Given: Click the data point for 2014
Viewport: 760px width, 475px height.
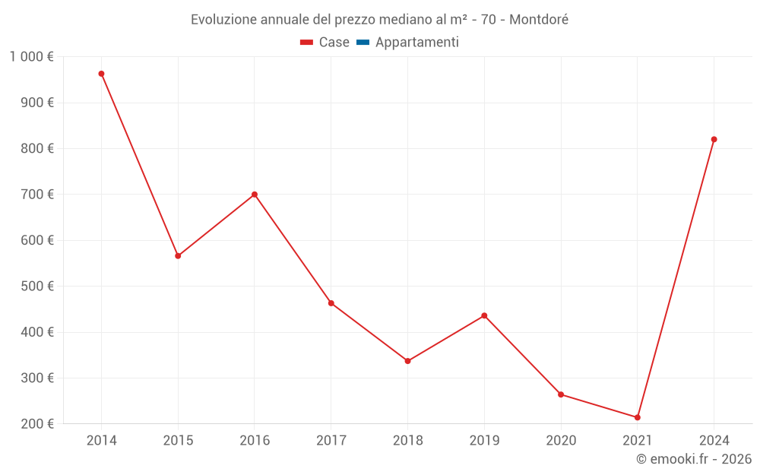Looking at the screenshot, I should click(101, 74).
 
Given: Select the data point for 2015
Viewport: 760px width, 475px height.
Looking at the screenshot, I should click(178, 256).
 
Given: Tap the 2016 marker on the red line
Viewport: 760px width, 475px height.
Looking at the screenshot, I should click(255, 195).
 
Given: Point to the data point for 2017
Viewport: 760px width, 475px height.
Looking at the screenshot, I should click(331, 303).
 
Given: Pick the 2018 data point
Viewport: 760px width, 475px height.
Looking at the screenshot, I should click(408, 361).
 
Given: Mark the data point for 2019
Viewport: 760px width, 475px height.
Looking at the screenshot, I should click(484, 315).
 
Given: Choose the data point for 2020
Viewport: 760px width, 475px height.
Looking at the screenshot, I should click(561, 394).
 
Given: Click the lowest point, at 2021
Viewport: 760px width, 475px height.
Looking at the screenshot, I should click(638, 417).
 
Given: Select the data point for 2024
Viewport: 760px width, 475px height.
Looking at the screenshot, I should click(714, 139).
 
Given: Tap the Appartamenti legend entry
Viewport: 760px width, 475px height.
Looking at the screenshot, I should click(416, 43).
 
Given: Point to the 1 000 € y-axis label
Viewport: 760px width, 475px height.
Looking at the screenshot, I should click(32, 57).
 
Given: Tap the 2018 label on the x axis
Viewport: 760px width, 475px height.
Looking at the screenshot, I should click(408, 441).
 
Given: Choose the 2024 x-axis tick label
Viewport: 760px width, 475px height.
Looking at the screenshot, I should click(714, 441).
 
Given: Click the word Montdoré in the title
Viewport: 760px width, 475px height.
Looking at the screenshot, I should click(539, 19).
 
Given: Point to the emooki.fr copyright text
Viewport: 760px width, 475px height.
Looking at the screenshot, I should click(694, 459).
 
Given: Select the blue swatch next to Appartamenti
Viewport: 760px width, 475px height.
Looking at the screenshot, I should click(363, 43).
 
